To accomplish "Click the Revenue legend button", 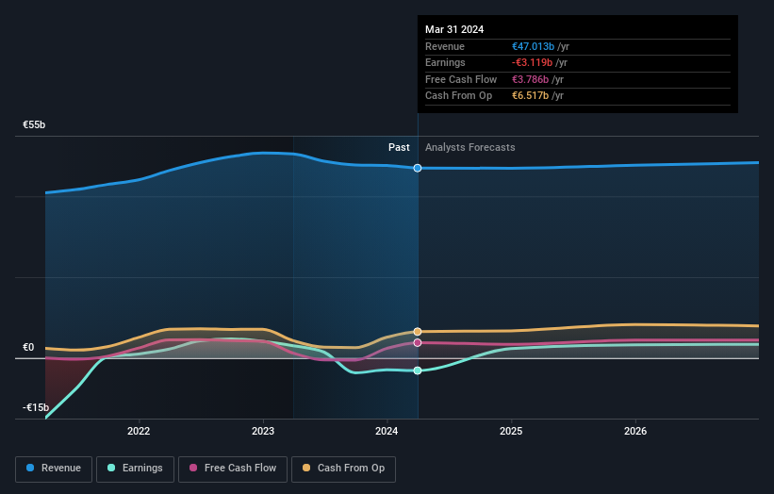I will (x=54, y=468).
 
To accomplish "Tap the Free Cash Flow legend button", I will (x=232, y=468).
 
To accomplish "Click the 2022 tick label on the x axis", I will (x=139, y=432).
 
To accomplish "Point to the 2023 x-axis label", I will (x=263, y=432).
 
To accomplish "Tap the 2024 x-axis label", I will (x=387, y=432).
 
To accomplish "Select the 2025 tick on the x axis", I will (x=511, y=432).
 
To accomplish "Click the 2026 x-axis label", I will (x=635, y=432).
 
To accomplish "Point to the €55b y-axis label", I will (x=35, y=124).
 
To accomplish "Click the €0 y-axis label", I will (x=28, y=347).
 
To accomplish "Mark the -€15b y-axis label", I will (x=35, y=407).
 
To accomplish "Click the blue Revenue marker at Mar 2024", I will (x=418, y=168).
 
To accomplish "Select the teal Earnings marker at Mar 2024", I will (x=418, y=370).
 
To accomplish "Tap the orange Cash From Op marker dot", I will (x=418, y=332).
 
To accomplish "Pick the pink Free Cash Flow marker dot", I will (x=418, y=343).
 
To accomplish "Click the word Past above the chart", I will (x=399, y=147).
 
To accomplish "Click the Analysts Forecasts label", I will (x=470, y=147).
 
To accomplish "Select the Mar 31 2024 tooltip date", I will (x=454, y=29).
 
